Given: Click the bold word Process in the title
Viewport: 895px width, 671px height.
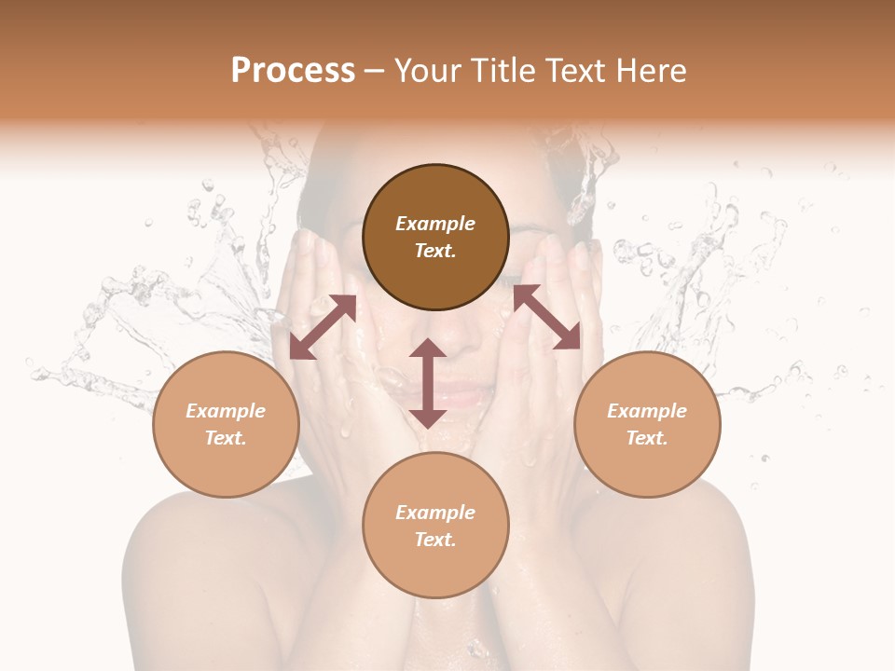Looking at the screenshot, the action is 293,71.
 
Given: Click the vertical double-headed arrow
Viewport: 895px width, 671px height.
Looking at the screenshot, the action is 428,383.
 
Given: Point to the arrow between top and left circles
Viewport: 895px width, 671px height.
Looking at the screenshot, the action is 323,326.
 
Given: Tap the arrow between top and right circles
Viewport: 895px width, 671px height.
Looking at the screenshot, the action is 546,318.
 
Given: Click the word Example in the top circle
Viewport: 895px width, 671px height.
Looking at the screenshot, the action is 435,224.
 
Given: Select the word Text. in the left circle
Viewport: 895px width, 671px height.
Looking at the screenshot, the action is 226,438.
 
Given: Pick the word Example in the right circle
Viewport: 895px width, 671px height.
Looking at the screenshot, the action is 647,411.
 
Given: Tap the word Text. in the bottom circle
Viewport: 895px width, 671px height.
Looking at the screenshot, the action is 435,540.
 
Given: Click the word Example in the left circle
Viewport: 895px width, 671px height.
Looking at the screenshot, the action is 226,411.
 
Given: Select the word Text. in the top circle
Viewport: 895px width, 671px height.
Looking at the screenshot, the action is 435,251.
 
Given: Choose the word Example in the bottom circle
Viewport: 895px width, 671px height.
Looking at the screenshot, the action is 435,513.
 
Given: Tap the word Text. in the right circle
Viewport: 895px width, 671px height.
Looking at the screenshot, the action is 647,438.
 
